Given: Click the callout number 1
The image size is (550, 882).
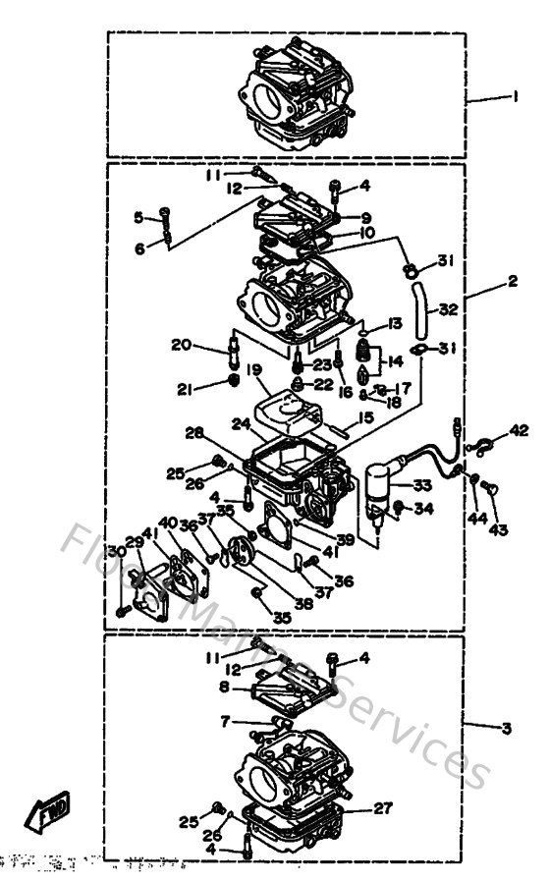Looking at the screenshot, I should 513,97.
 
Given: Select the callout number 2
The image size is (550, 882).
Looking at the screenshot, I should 513,281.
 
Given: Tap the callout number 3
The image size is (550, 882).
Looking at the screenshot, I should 505,728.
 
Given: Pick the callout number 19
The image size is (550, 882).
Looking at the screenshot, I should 253,370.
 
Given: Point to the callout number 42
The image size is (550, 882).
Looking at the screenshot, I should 518,430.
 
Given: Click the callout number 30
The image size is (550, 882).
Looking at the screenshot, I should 117,551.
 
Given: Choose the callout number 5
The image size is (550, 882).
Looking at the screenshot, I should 138,217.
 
